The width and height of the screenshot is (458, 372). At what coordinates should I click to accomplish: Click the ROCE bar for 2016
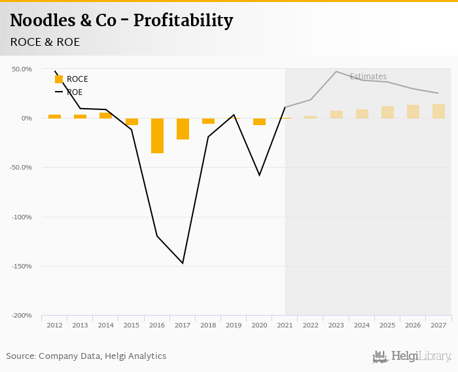157,136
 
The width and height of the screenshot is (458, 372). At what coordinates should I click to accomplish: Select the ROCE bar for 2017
183,129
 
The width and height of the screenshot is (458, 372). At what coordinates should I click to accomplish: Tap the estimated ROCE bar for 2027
438,111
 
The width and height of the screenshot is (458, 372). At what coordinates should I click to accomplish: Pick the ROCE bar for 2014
106,115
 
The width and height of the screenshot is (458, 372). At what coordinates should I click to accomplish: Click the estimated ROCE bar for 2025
387,112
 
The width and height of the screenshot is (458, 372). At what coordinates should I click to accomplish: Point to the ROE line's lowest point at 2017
183,263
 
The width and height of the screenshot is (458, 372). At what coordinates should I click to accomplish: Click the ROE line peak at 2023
336,71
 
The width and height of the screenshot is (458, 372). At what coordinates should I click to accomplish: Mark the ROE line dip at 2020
260,176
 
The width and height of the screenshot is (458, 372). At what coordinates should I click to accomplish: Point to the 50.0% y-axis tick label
22,69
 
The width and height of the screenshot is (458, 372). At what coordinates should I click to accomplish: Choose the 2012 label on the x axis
55,325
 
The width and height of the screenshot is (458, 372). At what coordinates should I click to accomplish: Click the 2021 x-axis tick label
285,325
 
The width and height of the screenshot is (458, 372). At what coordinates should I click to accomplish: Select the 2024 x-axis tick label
362,325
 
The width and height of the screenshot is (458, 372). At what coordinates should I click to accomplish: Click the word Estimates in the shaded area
368,77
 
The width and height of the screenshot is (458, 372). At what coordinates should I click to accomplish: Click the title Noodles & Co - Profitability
122,21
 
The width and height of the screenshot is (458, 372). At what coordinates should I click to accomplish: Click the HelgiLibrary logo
412,356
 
